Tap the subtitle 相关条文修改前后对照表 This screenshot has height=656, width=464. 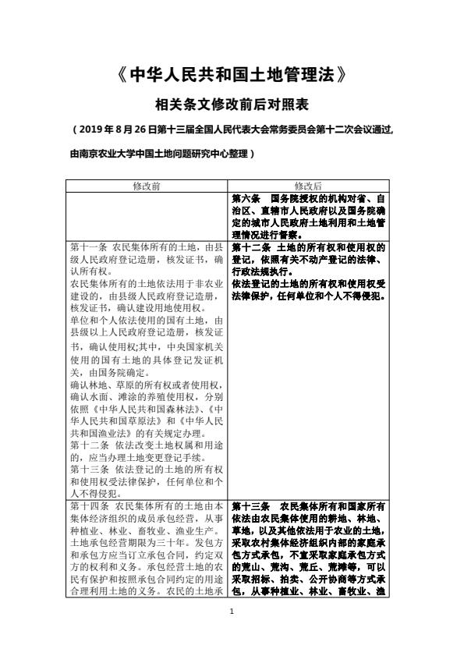(x=232, y=104)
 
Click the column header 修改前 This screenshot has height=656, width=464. (x=147, y=186)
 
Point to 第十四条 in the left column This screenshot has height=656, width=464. (x=86, y=506)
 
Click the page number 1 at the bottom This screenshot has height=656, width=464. (x=232, y=632)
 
